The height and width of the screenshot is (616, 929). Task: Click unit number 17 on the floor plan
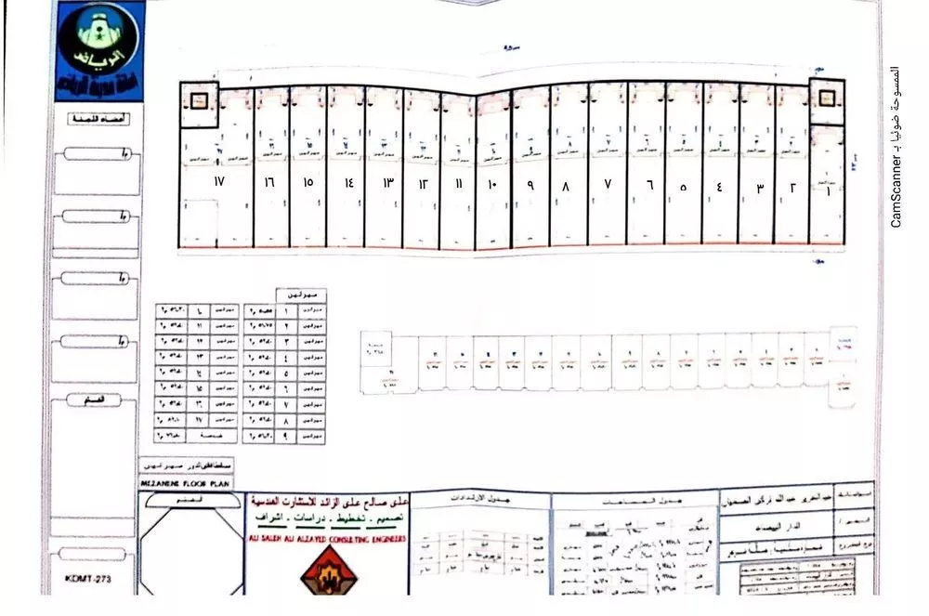point(219,181)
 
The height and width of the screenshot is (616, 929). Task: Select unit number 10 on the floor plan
point(492,185)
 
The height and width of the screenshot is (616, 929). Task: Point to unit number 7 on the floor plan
point(608,185)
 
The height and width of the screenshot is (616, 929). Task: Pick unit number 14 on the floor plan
point(348,183)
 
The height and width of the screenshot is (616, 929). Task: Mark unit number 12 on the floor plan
point(421,184)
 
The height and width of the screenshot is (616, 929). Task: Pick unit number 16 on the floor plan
point(269,182)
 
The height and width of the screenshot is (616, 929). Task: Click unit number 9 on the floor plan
point(530,185)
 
